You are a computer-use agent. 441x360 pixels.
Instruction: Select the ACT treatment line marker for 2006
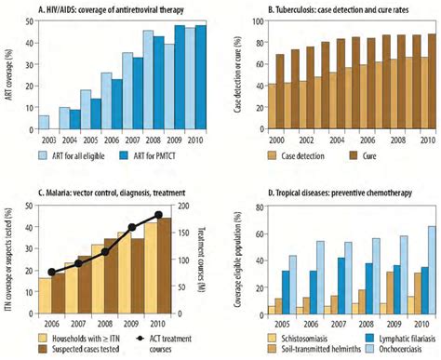pos(52,273)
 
